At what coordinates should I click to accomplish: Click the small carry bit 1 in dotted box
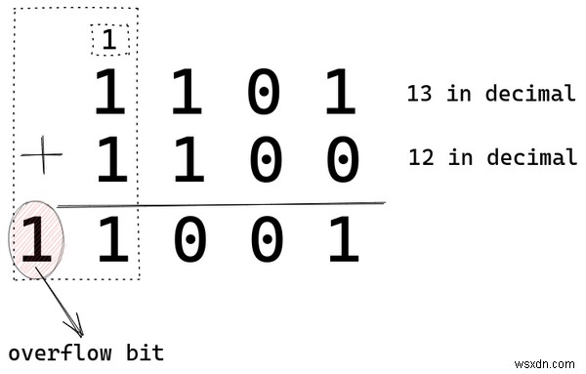click(109, 40)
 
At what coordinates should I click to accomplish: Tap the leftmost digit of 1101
click(113, 95)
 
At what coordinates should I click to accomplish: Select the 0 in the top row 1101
click(266, 95)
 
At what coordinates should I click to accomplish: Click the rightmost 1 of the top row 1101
click(341, 95)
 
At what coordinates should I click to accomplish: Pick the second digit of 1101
click(188, 95)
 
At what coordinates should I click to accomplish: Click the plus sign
click(41, 157)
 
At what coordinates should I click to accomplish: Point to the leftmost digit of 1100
click(113, 160)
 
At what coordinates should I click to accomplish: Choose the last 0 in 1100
click(341, 160)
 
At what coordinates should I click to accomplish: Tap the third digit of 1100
click(266, 160)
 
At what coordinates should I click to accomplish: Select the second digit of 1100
click(188, 160)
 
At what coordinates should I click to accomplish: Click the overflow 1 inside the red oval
click(36, 241)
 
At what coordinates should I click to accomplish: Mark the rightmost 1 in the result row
click(342, 241)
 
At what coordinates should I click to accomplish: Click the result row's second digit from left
click(113, 241)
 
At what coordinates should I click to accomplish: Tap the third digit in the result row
click(189, 241)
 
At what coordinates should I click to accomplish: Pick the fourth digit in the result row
click(266, 241)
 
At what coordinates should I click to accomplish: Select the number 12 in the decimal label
click(422, 158)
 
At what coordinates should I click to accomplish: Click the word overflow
click(52, 353)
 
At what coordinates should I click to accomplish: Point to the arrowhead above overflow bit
click(75, 326)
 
